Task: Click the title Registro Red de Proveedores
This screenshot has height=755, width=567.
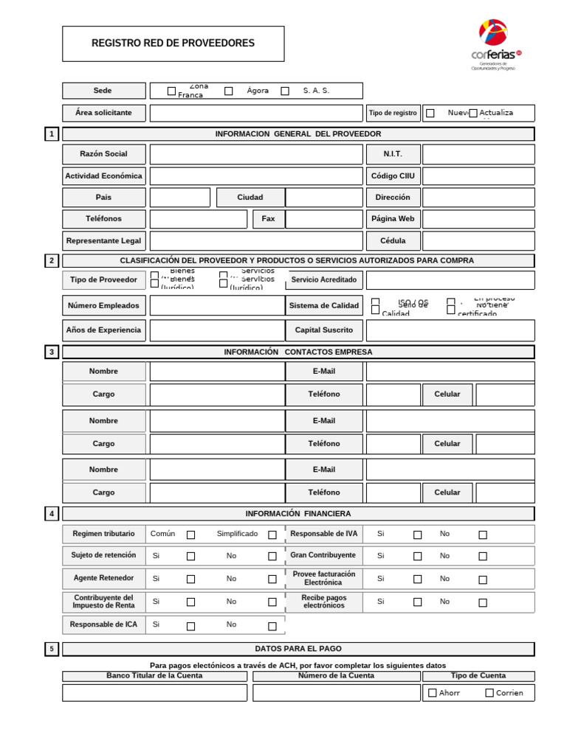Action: pos(173,44)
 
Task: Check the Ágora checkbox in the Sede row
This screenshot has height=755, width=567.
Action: pos(229,91)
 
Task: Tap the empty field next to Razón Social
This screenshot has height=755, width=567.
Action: pos(256,154)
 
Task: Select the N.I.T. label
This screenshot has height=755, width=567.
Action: pos(393,154)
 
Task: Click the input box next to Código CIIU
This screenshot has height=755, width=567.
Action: pos(478,176)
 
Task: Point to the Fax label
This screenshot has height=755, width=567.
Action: pos(268,219)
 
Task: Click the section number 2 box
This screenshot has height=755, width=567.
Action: pos(52,261)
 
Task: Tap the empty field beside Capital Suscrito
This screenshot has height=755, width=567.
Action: pos(450,330)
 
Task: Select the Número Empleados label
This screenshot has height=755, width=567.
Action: pos(103,305)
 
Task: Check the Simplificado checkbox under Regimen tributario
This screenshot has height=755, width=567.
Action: pos(272,535)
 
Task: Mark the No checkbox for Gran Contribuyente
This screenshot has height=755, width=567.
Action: pos(483,557)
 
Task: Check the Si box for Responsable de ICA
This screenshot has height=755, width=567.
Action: pos(190,627)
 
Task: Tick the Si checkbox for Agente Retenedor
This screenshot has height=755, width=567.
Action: pos(190,580)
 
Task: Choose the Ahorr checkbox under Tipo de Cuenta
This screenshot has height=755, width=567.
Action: pos(433,693)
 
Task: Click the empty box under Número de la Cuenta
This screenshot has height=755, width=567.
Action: pos(336,693)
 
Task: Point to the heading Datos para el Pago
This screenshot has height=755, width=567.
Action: pos(298,649)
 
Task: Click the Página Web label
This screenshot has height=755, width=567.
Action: pos(393,219)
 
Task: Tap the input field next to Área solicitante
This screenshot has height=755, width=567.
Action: pos(256,113)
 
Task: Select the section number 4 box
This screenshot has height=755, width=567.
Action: pos(52,513)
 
